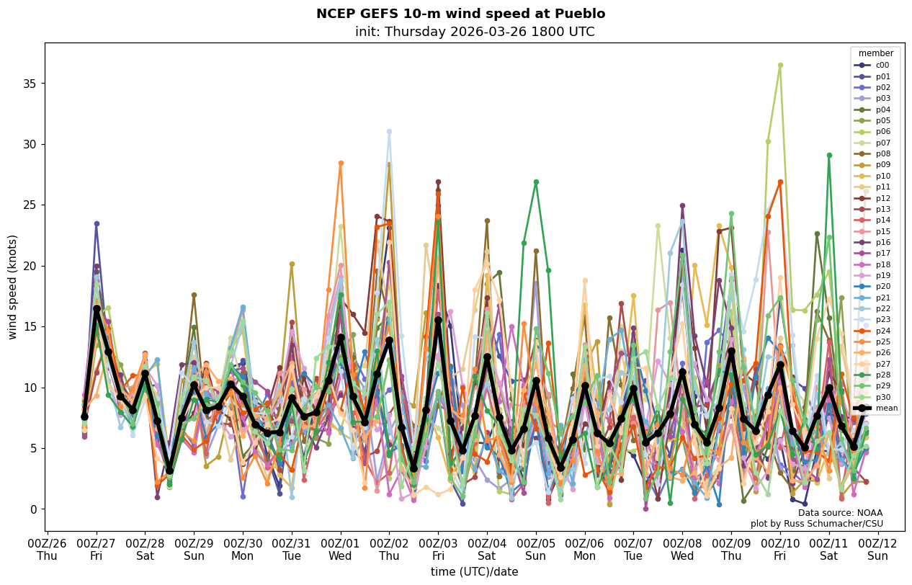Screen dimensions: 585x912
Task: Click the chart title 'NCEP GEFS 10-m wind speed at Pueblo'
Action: (460, 14)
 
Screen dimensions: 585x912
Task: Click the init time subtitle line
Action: (475, 32)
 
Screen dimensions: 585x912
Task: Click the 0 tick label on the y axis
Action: (32, 509)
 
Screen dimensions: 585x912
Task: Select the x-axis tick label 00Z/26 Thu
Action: (48, 550)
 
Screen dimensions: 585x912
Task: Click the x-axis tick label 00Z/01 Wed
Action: (341, 550)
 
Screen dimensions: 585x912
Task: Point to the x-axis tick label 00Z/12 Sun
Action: (877, 550)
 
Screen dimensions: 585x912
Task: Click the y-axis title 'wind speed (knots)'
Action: (12, 287)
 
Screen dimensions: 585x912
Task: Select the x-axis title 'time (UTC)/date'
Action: (474, 572)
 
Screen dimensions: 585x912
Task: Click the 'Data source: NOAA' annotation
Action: (840, 513)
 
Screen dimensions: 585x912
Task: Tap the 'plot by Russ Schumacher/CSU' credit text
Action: (816, 524)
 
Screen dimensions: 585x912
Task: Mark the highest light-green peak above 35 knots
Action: (780, 65)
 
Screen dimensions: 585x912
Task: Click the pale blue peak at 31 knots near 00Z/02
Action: (389, 131)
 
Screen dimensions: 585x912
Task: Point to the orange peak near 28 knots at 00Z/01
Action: (341, 163)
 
